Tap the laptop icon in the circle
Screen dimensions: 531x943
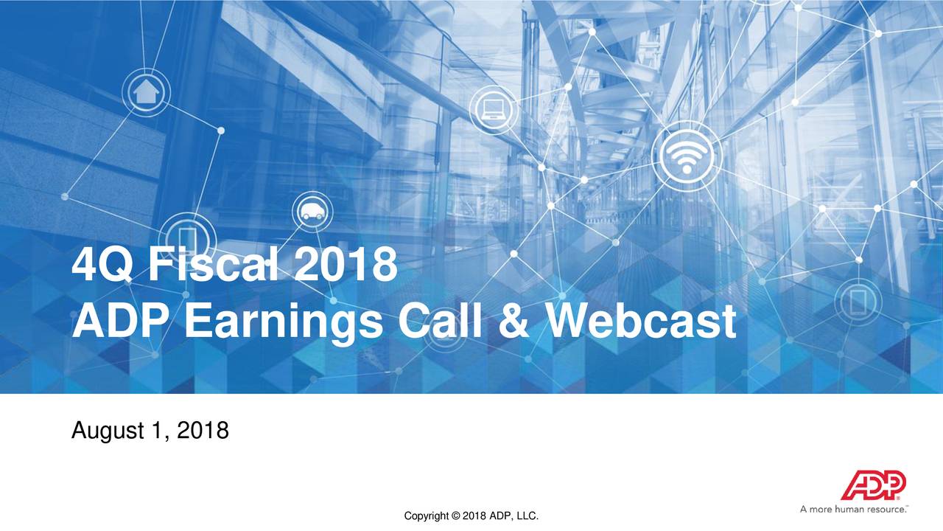coord(491,109)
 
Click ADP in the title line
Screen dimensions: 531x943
coord(121,323)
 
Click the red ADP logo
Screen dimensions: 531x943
coord(874,486)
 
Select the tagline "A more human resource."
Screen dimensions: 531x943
coord(855,509)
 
